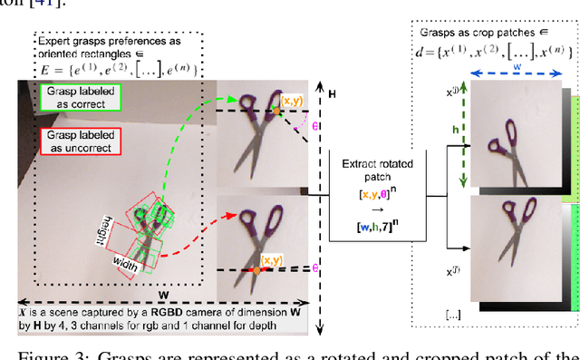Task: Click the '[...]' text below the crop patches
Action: click(x=452, y=315)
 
